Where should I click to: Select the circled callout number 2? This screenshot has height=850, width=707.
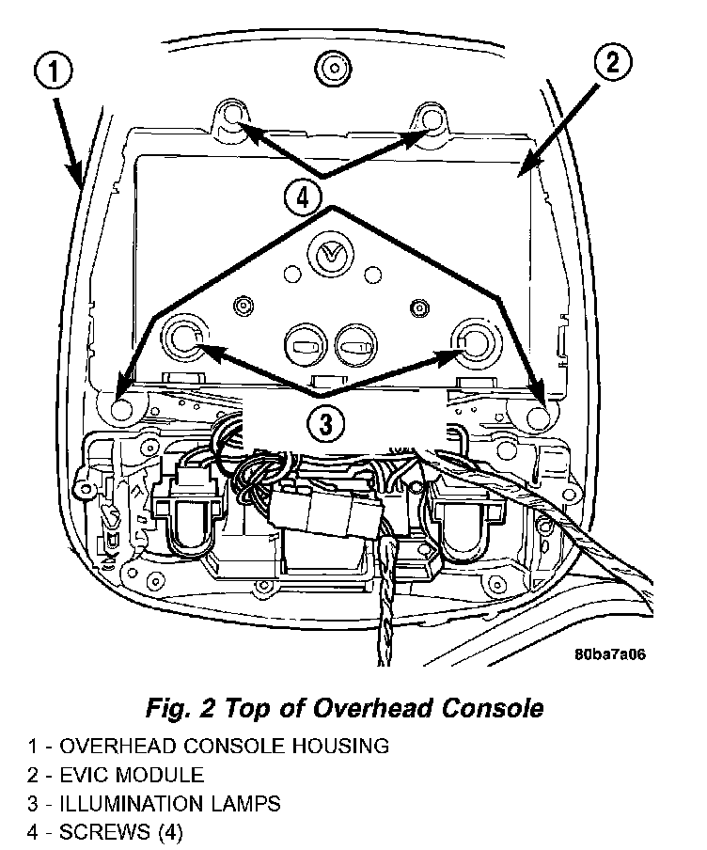612,63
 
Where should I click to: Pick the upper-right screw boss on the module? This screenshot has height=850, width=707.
429,119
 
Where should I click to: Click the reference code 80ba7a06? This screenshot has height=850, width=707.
611,655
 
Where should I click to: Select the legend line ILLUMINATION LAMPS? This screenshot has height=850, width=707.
170,804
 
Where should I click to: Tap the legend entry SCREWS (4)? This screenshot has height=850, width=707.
121,832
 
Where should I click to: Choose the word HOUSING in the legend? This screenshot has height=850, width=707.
329,747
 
